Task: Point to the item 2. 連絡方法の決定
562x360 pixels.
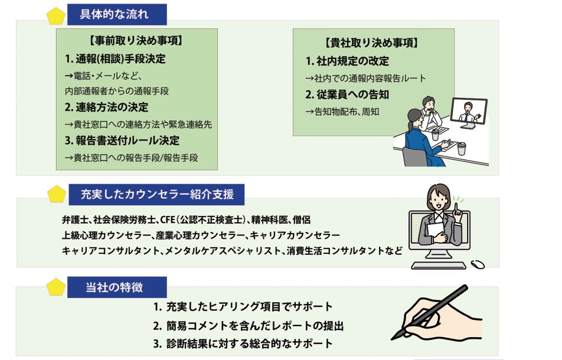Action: pos(107,107)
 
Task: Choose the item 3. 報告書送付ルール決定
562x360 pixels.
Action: pos(122,141)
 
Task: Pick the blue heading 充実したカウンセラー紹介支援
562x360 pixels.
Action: pos(156,194)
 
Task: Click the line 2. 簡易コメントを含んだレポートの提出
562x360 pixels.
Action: pos(248,326)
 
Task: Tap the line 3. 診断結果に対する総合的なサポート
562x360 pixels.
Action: pos(243,344)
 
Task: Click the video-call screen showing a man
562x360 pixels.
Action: pos(469,113)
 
